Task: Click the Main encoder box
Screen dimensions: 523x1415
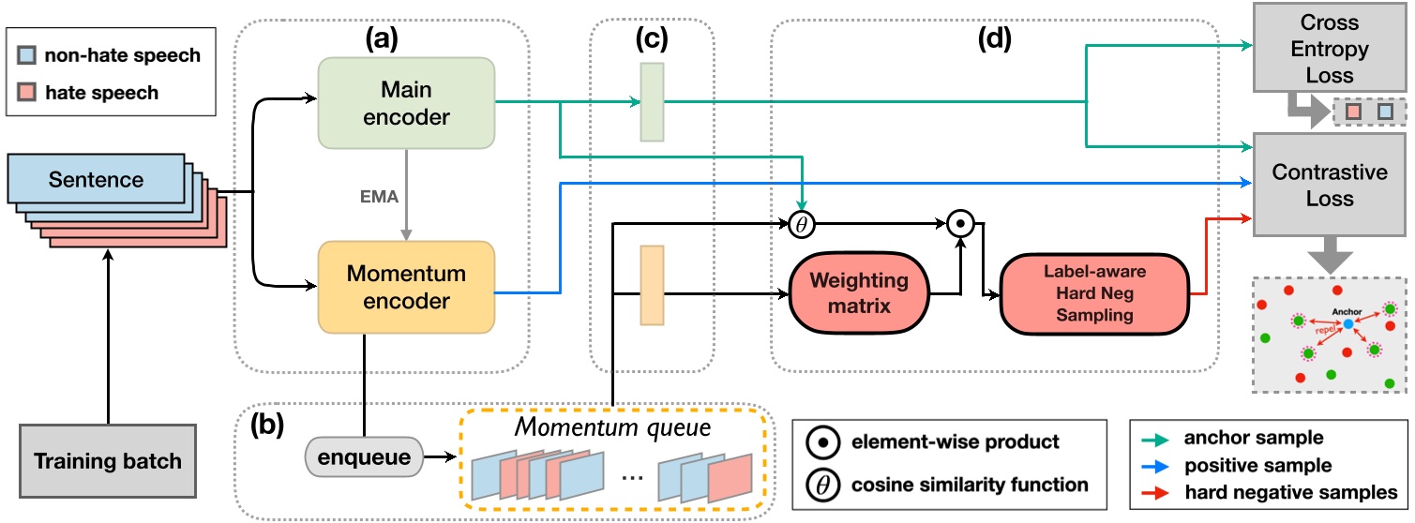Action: pos(406,102)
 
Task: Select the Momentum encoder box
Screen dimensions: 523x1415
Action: pos(406,288)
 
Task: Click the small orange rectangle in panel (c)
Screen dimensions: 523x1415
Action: pos(652,285)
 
